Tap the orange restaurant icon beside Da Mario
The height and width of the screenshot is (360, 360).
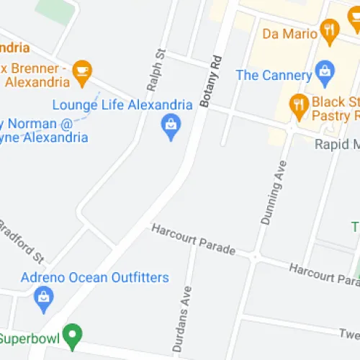coord(330,30)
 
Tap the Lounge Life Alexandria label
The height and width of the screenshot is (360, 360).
coord(122,104)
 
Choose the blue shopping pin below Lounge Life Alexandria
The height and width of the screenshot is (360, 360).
coord(171,127)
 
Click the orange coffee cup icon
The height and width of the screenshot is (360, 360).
coord(82,70)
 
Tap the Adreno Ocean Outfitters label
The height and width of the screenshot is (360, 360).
coord(94,277)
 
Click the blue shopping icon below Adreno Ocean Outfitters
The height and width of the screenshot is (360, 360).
coord(45,295)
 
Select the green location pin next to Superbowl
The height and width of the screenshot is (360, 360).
coord(72,334)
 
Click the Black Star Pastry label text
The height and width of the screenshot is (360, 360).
coord(335,109)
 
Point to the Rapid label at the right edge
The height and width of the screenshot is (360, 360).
coord(337,144)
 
